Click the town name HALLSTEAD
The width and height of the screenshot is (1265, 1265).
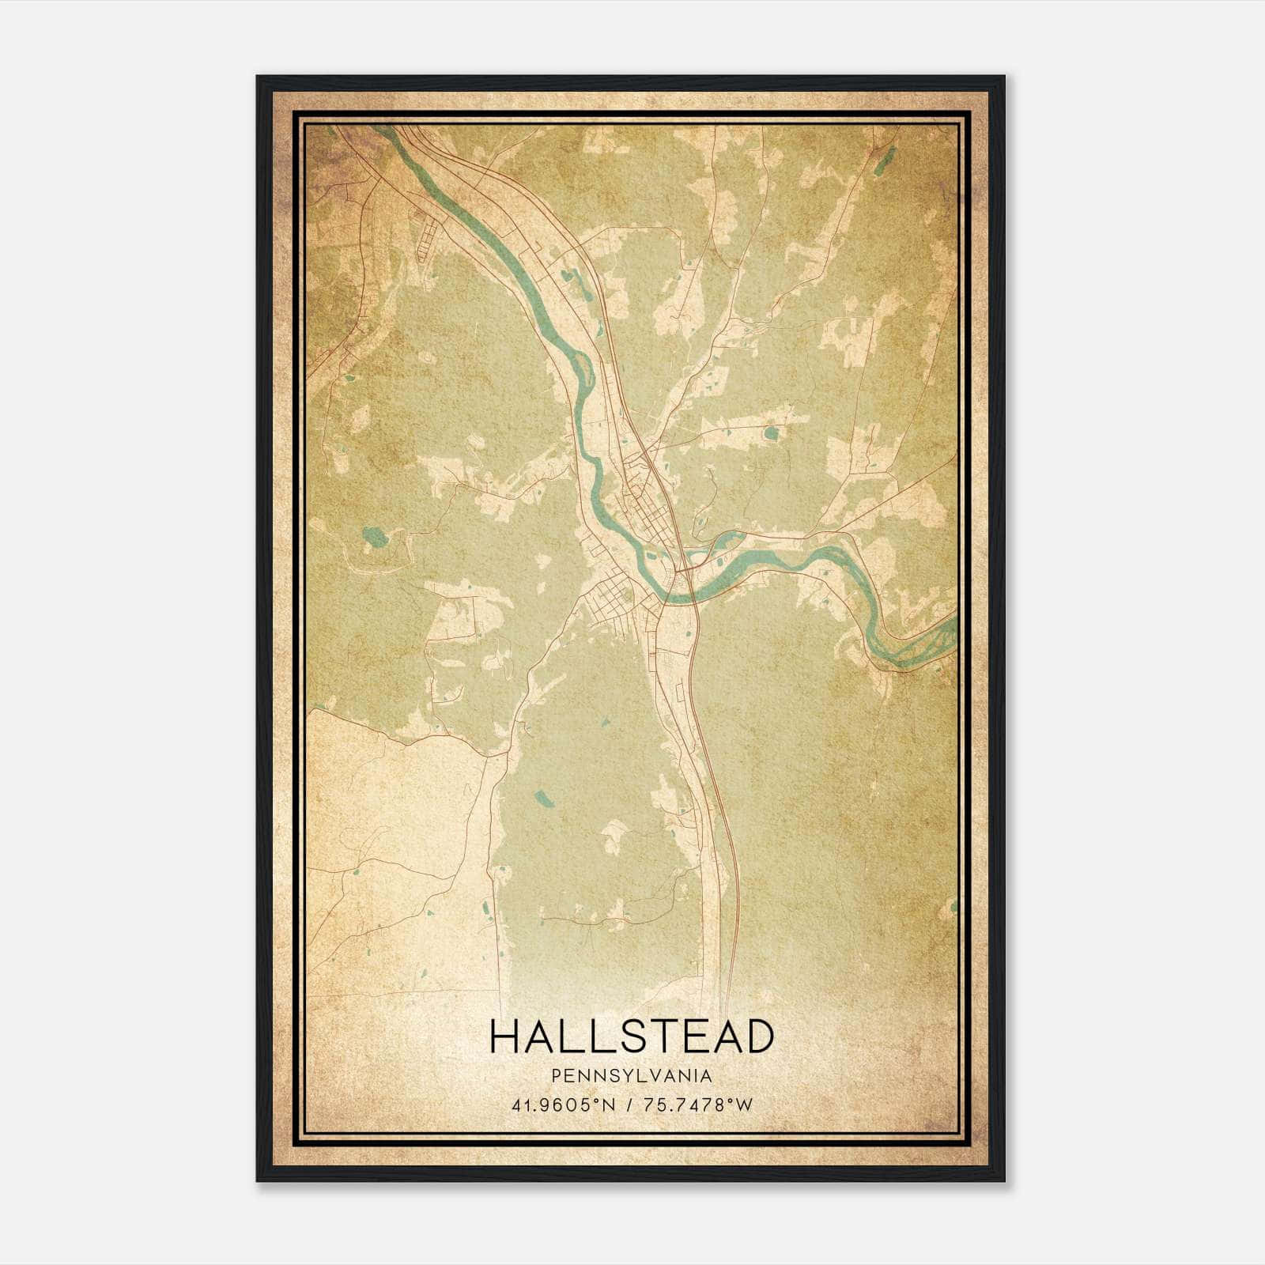631,1037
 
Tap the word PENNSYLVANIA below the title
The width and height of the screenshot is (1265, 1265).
631,1076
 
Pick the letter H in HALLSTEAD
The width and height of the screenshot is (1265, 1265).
504,1037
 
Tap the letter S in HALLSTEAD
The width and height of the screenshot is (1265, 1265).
635,1037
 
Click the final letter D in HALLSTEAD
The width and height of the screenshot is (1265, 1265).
757,1037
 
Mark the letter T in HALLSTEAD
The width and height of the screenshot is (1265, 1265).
663,1037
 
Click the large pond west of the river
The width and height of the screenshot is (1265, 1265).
374,538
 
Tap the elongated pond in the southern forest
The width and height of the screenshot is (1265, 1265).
544,798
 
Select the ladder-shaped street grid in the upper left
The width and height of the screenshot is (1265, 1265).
428,240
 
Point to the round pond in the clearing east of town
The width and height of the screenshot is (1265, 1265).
770,432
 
